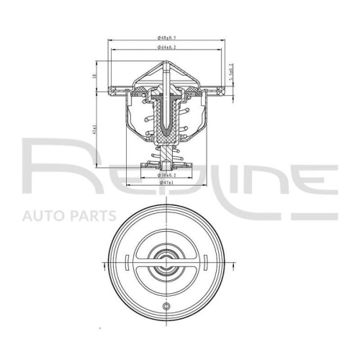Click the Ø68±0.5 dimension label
pos(167,37)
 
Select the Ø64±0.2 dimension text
pos(167,48)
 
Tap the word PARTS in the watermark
pos(91,215)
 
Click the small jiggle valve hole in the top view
pos(167,307)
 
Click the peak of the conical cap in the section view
pos(167,62)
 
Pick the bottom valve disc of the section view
pos(167,167)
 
